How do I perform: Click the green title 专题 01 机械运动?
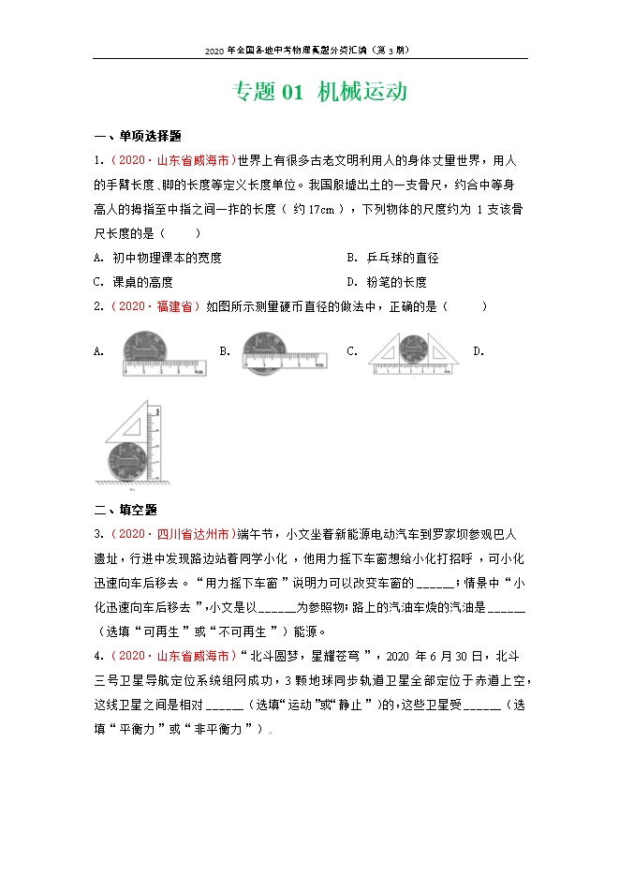(318, 92)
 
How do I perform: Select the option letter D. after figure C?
(479, 351)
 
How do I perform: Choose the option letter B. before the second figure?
(225, 351)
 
